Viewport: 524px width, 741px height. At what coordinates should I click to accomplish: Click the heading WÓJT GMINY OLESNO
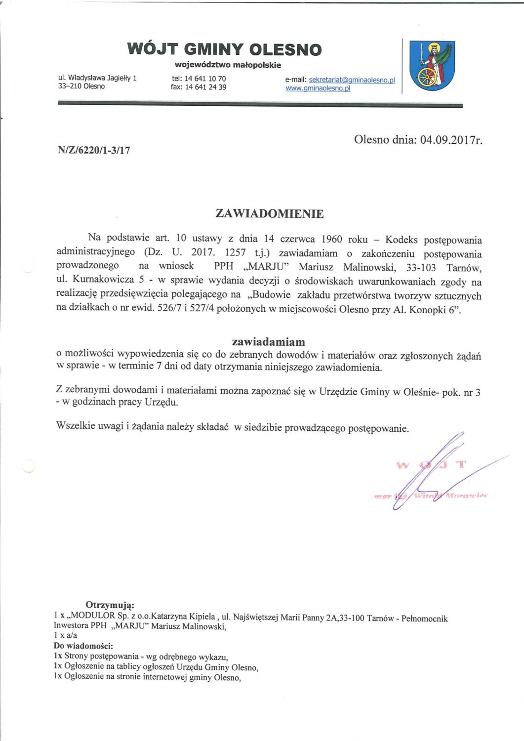(x=224, y=49)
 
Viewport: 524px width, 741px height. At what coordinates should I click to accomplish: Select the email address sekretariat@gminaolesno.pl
(x=352, y=80)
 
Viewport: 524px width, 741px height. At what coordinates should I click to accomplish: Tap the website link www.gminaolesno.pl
(x=318, y=88)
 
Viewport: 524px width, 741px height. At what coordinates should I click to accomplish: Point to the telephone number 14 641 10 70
(x=205, y=79)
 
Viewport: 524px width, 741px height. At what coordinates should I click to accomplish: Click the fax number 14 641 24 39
(x=205, y=87)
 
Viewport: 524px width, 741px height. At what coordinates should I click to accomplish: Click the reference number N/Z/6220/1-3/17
(x=94, y=150)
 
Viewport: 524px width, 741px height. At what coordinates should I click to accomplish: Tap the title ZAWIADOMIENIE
(x=270, y=214)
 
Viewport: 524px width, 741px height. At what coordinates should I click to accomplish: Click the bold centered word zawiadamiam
(x=268, y=342)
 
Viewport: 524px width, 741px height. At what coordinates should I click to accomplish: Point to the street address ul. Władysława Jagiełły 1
(x=97, y=78)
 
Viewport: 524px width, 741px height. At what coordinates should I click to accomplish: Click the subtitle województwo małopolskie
(x=228, y=65)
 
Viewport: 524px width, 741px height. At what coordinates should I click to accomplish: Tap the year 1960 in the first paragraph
(x=331, y=240)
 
